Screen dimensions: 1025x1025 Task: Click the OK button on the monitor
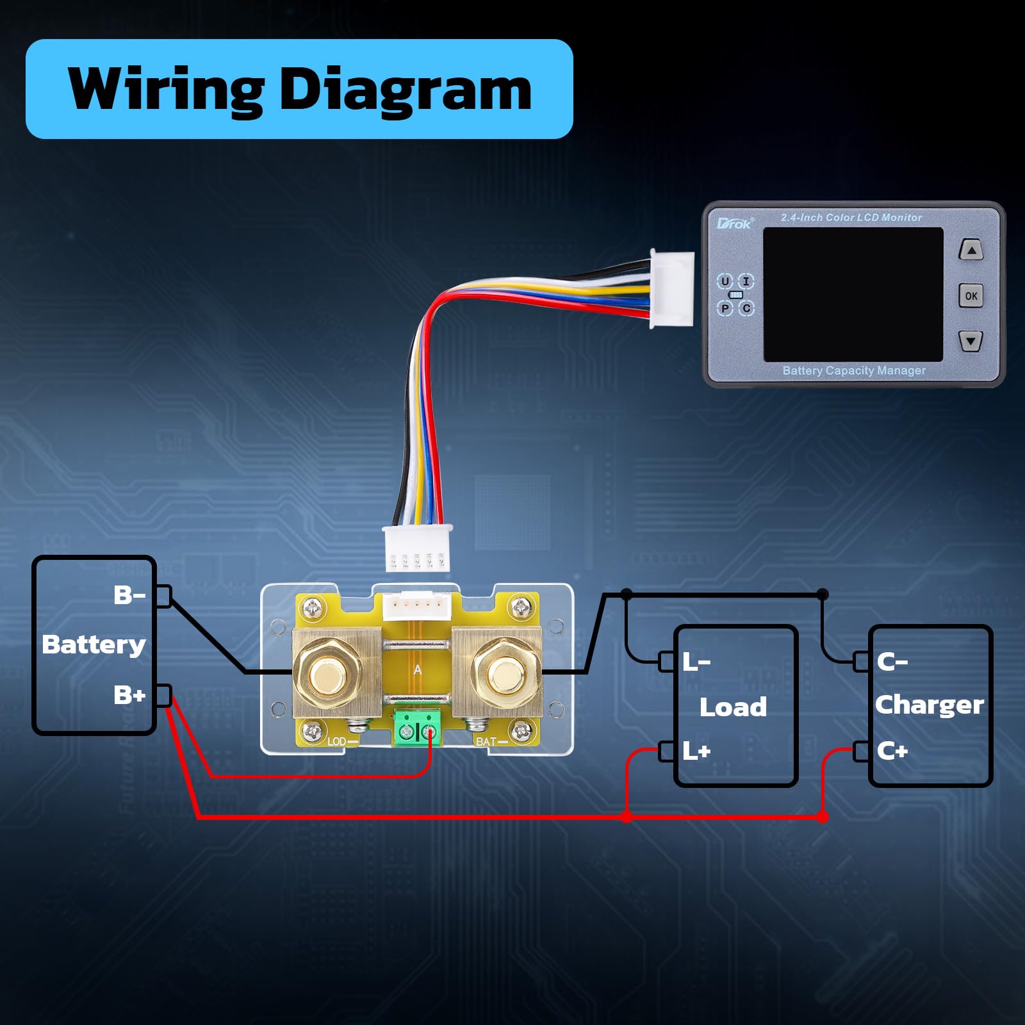coord(971,295)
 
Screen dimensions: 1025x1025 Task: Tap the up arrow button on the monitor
coord(971,250)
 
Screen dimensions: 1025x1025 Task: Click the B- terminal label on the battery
coord(129,595)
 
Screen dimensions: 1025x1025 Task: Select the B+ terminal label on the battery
coord(129,695)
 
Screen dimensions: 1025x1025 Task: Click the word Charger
coord(929,705)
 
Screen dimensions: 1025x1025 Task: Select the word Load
coord(733,707)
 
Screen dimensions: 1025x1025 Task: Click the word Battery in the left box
coord(94,644)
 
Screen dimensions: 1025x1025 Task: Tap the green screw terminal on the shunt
coord(416,728)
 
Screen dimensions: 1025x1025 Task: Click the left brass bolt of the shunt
coord(327,672)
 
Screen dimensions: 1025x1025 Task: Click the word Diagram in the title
coord(406,90)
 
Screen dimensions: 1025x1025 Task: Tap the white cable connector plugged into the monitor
coord(673,289)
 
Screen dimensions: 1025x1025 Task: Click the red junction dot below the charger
coord(823,817)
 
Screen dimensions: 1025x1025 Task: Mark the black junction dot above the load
coord(627,594)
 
